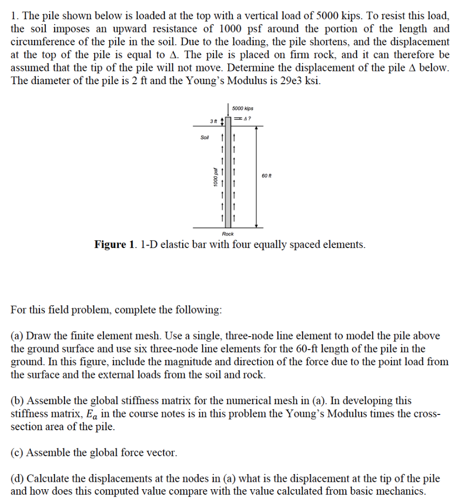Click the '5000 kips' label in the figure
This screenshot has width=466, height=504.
[242, 108]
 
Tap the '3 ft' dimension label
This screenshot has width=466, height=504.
[213, 121]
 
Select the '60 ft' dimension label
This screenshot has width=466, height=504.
[266, 176]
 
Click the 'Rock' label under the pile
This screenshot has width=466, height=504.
[228, 234]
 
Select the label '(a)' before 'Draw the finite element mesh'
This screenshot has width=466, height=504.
[17, 336]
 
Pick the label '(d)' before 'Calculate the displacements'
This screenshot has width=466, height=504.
[17, 478]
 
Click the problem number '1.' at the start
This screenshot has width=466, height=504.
[14, 15]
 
